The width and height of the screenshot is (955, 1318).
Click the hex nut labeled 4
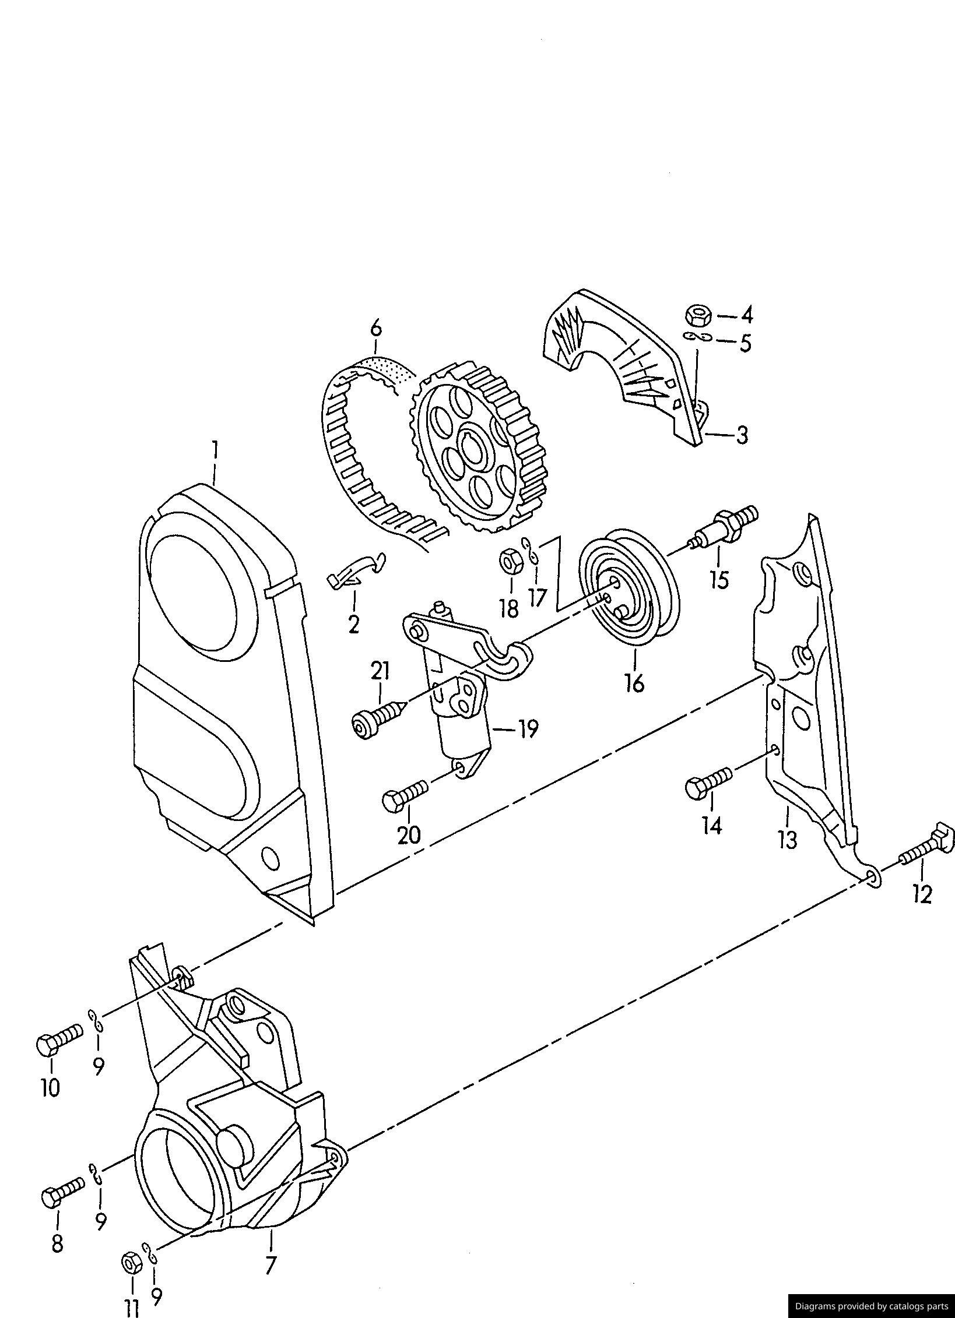(697, 316)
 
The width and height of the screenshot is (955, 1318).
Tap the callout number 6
(376, 329)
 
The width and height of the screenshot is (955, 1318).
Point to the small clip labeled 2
(355, 569)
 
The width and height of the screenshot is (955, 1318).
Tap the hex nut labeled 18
(510, 561)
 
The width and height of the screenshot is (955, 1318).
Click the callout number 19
(528, 729)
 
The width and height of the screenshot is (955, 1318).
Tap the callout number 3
(742, 435)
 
